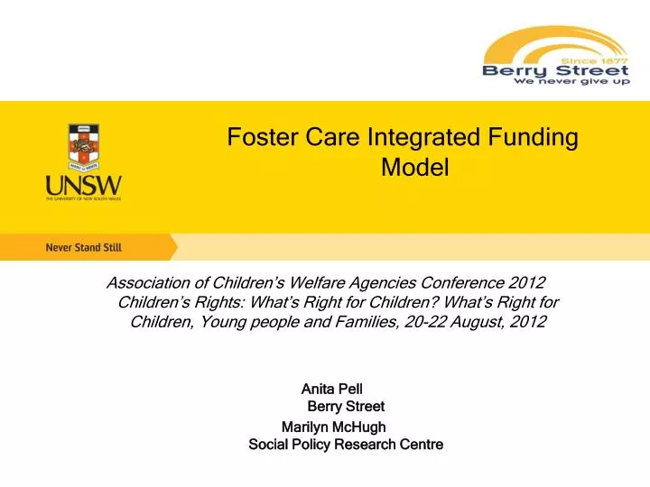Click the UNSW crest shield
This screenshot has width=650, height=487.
click(82, 149)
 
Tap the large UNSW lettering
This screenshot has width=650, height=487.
click(82, 187)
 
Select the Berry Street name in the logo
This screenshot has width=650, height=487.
click(555, 70)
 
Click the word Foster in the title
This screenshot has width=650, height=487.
click(257, 138)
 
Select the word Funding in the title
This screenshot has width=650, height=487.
click(538, 138)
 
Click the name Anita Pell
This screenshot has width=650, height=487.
click(331, 389)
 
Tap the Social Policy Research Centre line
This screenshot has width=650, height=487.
click(345, 445)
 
